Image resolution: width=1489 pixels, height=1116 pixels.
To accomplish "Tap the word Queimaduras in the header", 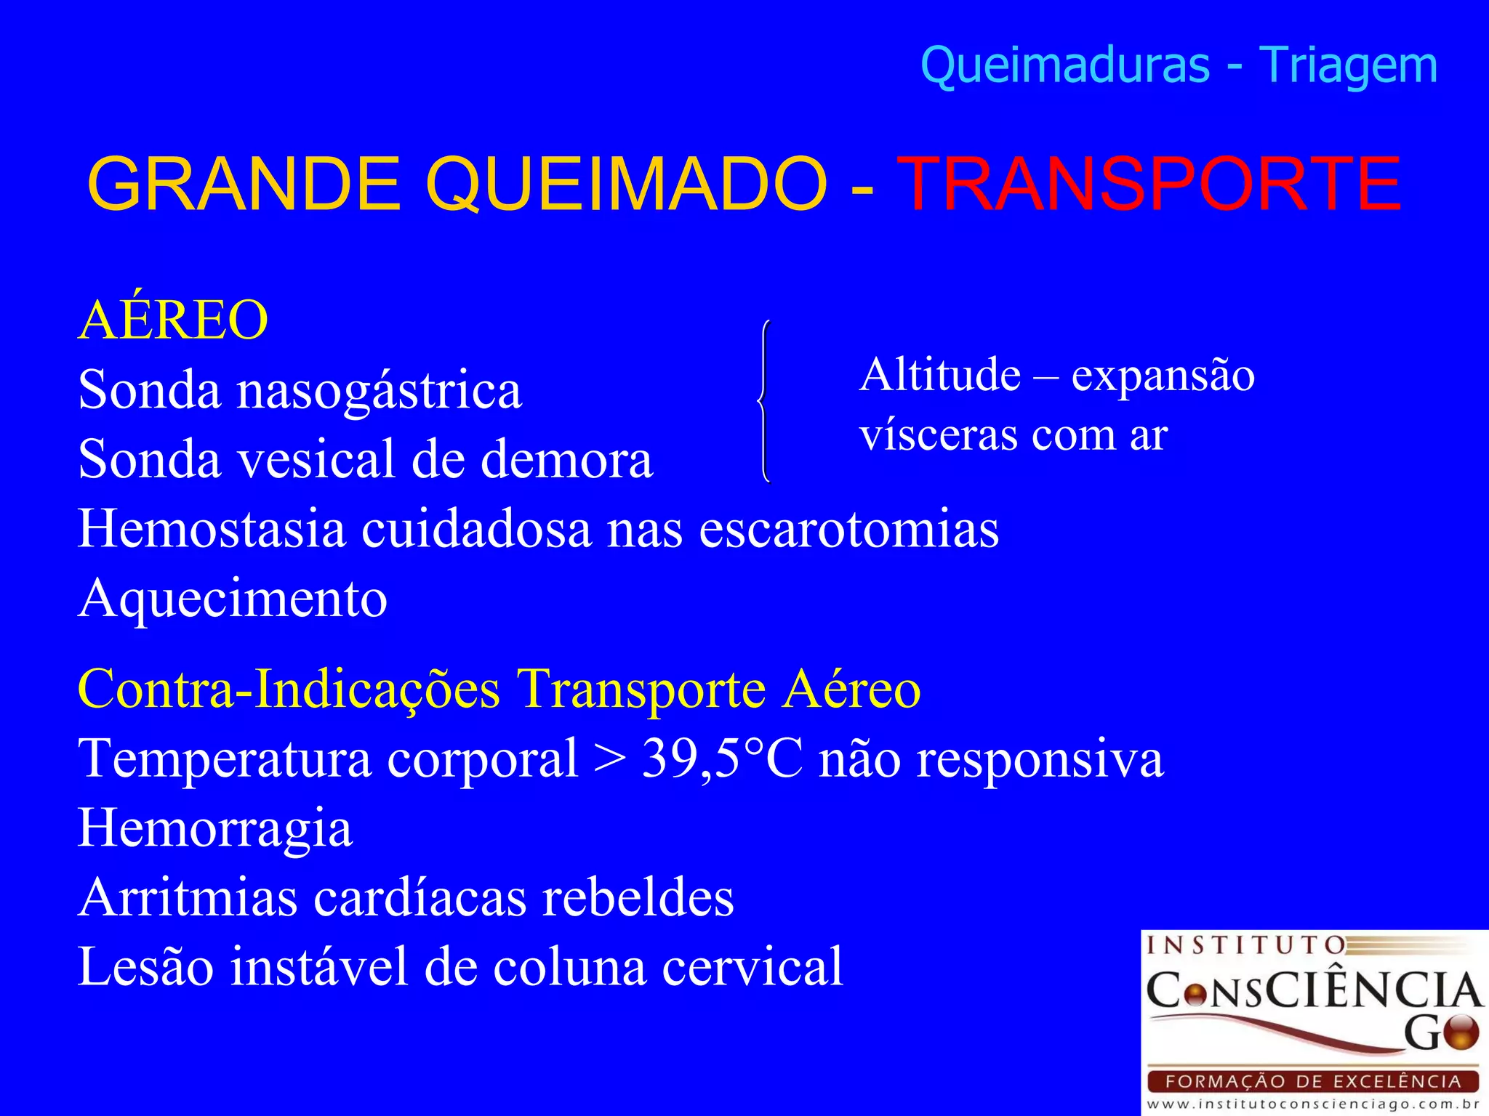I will coord(1065,65).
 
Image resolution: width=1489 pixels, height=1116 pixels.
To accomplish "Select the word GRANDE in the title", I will coord(244,185).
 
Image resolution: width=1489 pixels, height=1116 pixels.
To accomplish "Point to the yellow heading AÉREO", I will coord(173,320).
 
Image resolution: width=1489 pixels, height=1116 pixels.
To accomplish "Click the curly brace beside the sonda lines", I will coord(763,401).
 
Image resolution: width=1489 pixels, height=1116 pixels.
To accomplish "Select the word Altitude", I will coord(939,376).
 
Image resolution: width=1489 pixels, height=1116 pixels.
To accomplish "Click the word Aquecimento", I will coord(233,600).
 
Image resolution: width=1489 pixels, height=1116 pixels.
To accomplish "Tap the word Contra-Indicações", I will coord(289,689).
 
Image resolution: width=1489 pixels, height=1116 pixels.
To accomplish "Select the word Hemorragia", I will coord(215,829).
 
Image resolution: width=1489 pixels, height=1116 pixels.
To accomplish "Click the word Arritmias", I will coord(188,898).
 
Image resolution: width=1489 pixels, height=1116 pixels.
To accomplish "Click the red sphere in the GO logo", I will coord(1461,1032).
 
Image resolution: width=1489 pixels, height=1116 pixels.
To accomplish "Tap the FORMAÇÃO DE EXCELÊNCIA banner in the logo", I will coord(1313,1081).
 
